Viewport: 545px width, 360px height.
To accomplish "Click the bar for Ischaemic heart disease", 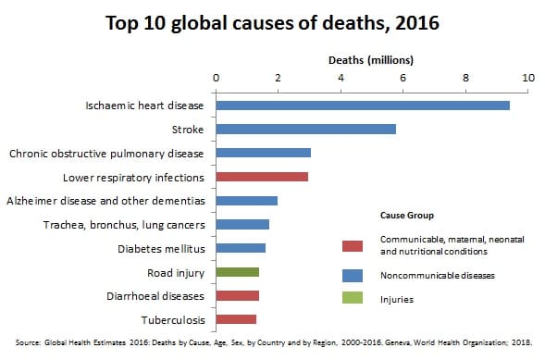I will point(363,106).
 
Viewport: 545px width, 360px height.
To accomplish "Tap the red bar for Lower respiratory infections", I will point(262,176).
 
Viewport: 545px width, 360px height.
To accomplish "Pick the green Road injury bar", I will point(237,272).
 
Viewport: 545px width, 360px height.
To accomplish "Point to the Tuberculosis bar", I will point(236,319).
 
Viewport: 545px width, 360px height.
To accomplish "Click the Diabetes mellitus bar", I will point(241,248).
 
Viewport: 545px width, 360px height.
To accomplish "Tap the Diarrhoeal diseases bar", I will point(237,296).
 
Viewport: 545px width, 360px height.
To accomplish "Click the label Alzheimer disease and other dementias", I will point(105,200).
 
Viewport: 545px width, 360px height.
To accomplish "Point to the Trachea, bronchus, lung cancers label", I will point(124,224).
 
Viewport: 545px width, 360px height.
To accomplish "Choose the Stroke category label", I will point(188,129).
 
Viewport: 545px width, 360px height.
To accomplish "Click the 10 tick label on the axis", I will point(528,79).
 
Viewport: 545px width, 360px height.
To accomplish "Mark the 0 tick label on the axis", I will point(216,79).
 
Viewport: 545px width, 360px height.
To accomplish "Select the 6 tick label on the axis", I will point(403,79).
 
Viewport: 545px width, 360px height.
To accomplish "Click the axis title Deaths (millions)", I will point(371,60).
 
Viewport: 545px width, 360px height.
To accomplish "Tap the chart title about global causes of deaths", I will point(272,22).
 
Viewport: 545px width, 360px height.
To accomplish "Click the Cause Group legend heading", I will point(406,215).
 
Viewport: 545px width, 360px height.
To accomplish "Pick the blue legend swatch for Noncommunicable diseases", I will point(352,276).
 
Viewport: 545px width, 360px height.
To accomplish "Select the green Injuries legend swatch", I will point(352,299).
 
